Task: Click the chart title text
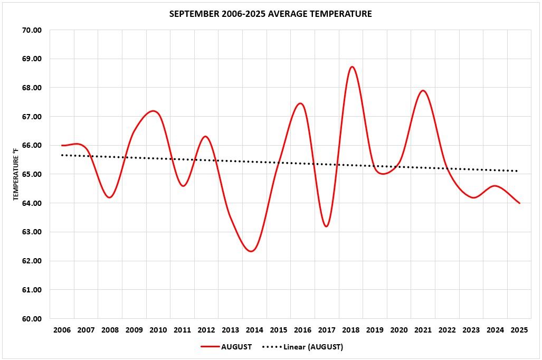(x=270, y=14)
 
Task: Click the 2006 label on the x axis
(x=62, y=330)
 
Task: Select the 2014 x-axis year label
(x=254, y=330)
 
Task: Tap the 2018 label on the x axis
(x=351, y=330)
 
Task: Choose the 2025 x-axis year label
(x=519, y=330)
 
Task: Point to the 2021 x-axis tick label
(x=423, y=330)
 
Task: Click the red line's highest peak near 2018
(x=352, y=67)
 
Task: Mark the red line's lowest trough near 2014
(x=251, y=251)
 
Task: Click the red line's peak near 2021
(x=423, y=90)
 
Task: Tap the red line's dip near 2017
(x=326, y=226)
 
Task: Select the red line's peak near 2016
(x=300, y=103)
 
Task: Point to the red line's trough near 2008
(x=110, y=197)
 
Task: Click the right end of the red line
(x=519, y=203)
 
